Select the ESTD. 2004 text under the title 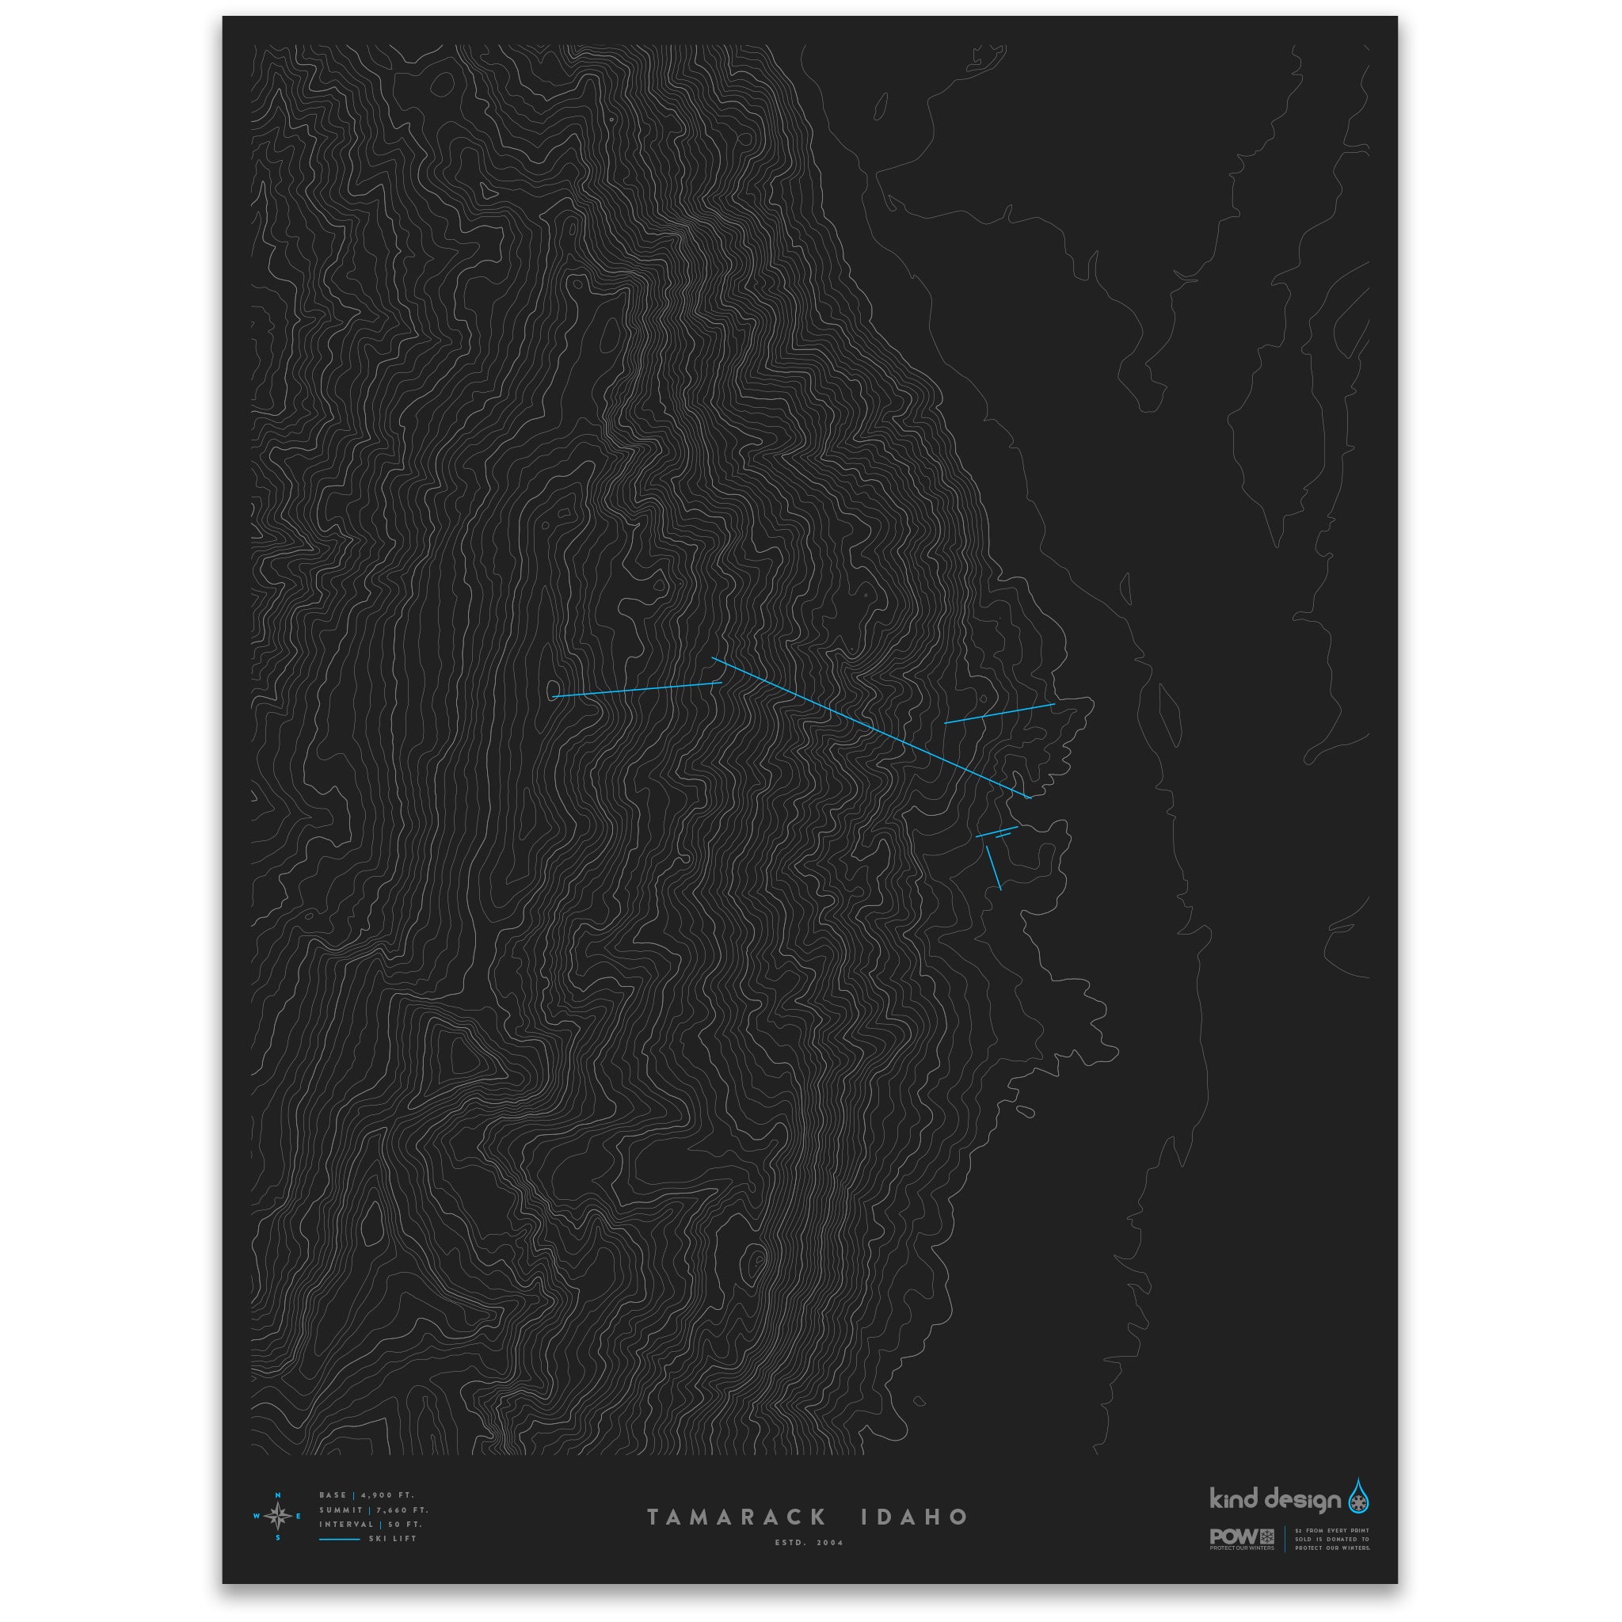point(809,1542)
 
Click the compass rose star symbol point(278,1516)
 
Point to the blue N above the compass point(278,1495)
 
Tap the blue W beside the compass point(256,1516)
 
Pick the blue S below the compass point(278,1538)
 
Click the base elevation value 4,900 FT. point(387,1495)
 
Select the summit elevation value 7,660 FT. point(402,1510)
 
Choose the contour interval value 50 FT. point(405,1524)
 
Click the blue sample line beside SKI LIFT point(339,1539)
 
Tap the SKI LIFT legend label point(393,1539)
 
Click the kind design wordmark point(1274,1499)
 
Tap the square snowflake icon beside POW point(1267,1536)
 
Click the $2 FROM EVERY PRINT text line point(1331,1530)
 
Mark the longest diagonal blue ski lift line point(870,728)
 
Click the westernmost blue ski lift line point(637,689)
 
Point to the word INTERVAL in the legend point(346,1524)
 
